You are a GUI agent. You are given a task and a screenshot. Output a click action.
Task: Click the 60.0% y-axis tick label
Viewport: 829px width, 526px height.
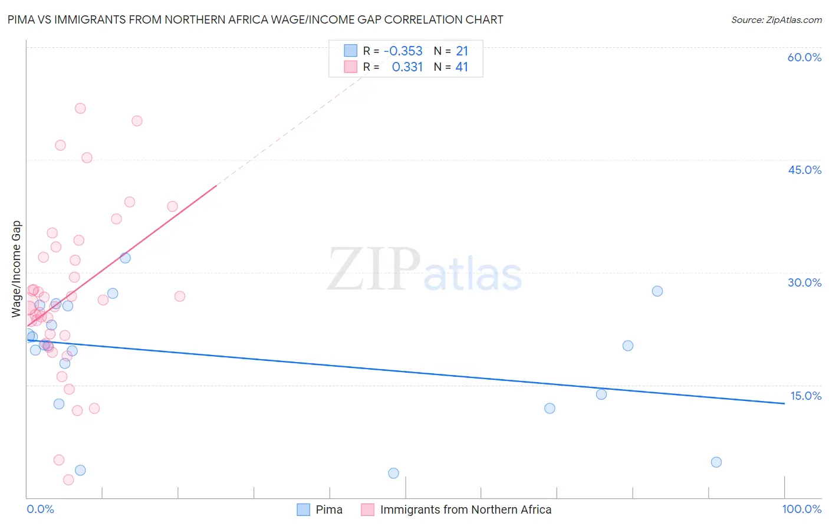click(x=804, y=57)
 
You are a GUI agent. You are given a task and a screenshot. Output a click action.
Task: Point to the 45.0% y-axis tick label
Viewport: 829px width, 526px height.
click(x=804, y=170)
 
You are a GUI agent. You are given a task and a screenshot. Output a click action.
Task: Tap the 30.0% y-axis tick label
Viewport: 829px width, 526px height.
click(x=804, y=282)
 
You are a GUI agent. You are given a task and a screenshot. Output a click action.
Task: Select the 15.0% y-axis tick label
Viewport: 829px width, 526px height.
click(x=805, y=396)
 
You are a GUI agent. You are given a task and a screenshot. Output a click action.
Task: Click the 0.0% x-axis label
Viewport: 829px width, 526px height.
click(x=40, y=509)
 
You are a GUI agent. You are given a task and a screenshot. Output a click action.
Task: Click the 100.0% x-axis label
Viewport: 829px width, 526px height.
click(x=801, y=509)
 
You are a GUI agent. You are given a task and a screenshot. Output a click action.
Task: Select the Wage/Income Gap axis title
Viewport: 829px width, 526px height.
click(x=17, y=269)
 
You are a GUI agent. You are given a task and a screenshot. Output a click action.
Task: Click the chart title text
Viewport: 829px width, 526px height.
click(x=255, y=19)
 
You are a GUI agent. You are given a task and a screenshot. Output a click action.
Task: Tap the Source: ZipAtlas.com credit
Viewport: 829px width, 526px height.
click(x=776, y=19)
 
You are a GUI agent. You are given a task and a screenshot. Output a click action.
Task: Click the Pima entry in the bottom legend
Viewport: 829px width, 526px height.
click(x=328, y=509)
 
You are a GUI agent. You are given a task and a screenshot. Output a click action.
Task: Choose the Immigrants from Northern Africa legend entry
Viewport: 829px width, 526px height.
click(x=465, y=509)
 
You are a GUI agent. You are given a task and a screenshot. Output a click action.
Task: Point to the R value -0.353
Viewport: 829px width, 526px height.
click(x=403, y=51)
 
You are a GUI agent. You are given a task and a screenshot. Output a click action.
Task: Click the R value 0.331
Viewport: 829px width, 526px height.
click(x=407, y=67)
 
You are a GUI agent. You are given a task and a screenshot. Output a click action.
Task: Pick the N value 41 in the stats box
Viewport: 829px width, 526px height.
click(x=462, y=67)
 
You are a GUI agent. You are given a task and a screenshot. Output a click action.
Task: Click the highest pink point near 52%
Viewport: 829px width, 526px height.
click(x=80, y=109)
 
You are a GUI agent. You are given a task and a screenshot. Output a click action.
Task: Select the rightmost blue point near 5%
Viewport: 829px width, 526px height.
click(x=716, y=462)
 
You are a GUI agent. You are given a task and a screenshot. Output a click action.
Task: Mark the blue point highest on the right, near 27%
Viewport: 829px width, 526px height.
click(x=657, y=291)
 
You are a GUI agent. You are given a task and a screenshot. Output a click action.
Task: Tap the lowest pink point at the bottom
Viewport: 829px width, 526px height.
click(x=68, y=480)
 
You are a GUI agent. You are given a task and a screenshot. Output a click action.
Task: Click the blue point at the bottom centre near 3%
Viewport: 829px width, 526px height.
click(x=394, y=473)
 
